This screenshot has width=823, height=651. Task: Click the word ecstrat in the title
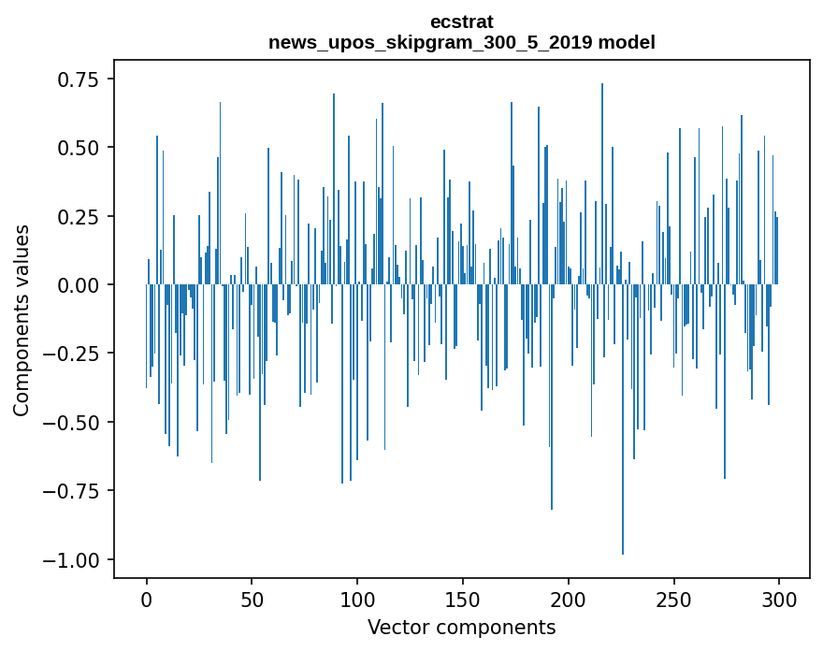pyautogui.click(x=461, y=22)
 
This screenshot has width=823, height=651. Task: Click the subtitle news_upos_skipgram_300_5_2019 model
pyautogui.click(x=461, y=42)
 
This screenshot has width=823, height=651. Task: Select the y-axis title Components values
pyautogui.click(x=22, y=320)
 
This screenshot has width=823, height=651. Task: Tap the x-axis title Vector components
pyautogui.click(x=461, y=628)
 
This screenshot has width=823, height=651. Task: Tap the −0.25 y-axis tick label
pyautogui.click(x=73, y=354)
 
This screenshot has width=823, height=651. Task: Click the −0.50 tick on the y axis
pyautogui.click(x=73, y=423)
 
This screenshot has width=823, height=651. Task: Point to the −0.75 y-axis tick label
pyautogui.click(x=73, y=491)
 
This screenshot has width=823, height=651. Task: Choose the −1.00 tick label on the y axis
pyautogui.click(x=73, y=560)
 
